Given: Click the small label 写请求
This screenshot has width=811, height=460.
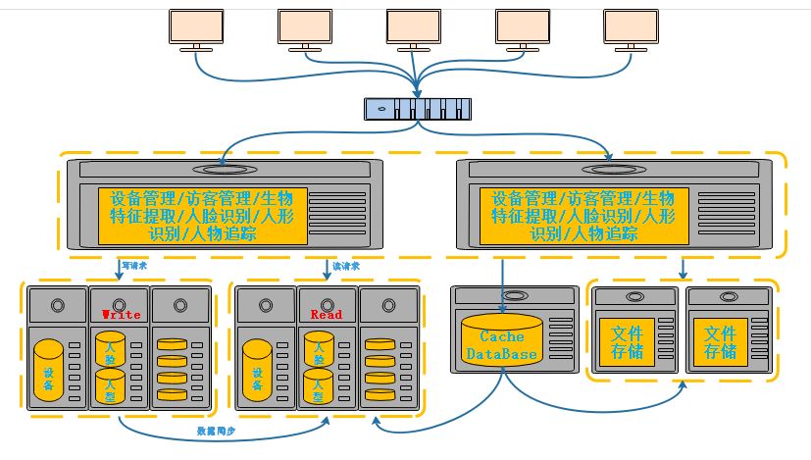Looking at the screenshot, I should (x=133, y=265).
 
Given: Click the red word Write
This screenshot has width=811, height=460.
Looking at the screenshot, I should (x=122, y=315).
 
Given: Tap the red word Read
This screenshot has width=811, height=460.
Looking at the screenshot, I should (x=326, y=315).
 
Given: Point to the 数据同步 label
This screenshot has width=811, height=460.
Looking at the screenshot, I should (x=218, y=433).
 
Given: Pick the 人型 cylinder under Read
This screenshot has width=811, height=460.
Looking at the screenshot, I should (x=318, y=388).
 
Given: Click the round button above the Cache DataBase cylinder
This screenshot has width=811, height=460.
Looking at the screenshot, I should (x=501, y=296).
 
